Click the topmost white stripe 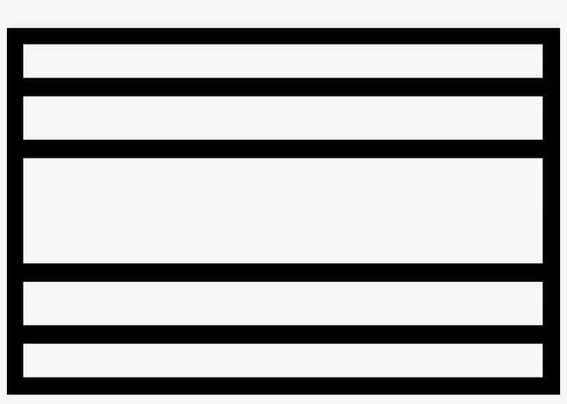click(283, 61)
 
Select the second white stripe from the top click(283, 117)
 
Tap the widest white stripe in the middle click(283, 210)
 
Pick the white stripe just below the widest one click(283, 303)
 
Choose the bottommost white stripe click(283, 360)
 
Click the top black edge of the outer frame click(283, 36)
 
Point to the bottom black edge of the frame click(283, 385)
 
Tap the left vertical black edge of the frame click(15, 210)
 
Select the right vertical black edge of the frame click(551, 210)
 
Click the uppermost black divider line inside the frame click(283, 87)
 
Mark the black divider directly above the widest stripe click(283, 148)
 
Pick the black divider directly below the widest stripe click(283, 272)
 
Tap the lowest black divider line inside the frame click(283, 334)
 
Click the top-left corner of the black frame click(15, 36)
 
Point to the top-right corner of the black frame click(551, 36)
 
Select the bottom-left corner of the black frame click(15, 385)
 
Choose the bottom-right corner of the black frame click(551, 385)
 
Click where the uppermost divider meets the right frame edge click(551, 87)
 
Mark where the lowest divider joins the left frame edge click(15, 334)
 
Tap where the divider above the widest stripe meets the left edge click(15, 148)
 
